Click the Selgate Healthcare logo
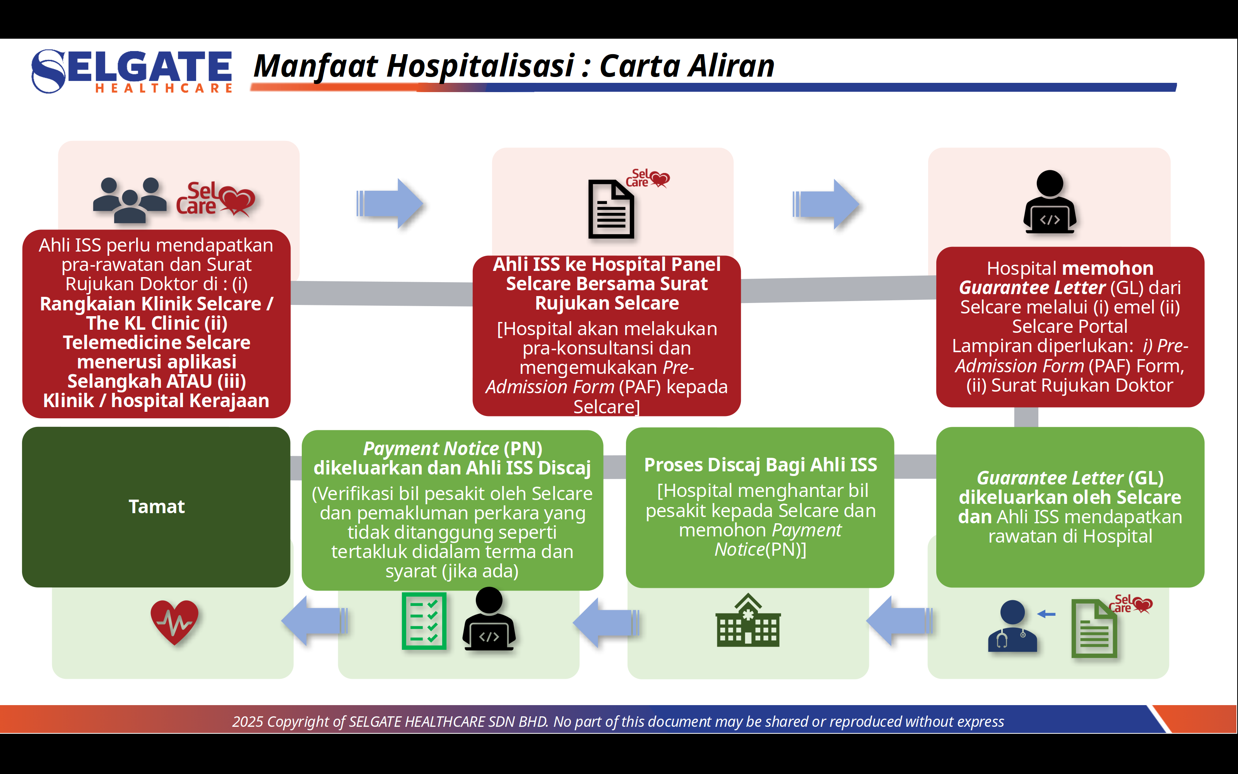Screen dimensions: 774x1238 [132, 71]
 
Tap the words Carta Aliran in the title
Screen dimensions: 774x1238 [687, 67]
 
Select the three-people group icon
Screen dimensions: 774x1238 [130, 200]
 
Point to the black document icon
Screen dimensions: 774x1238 [611, 209]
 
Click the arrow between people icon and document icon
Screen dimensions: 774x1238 [390, 203]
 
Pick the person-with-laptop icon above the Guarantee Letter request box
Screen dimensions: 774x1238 [1050, 202]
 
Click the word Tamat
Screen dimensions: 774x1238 [157, 507]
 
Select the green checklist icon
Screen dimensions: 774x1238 [424, 620]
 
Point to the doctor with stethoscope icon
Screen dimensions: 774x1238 [1012, 626]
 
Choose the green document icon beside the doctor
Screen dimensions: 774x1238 [1094, 628]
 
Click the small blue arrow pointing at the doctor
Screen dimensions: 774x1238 [1046, 614]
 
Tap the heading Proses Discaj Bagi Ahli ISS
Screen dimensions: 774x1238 [760, 465]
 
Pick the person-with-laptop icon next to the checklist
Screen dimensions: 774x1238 [489, 620]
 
